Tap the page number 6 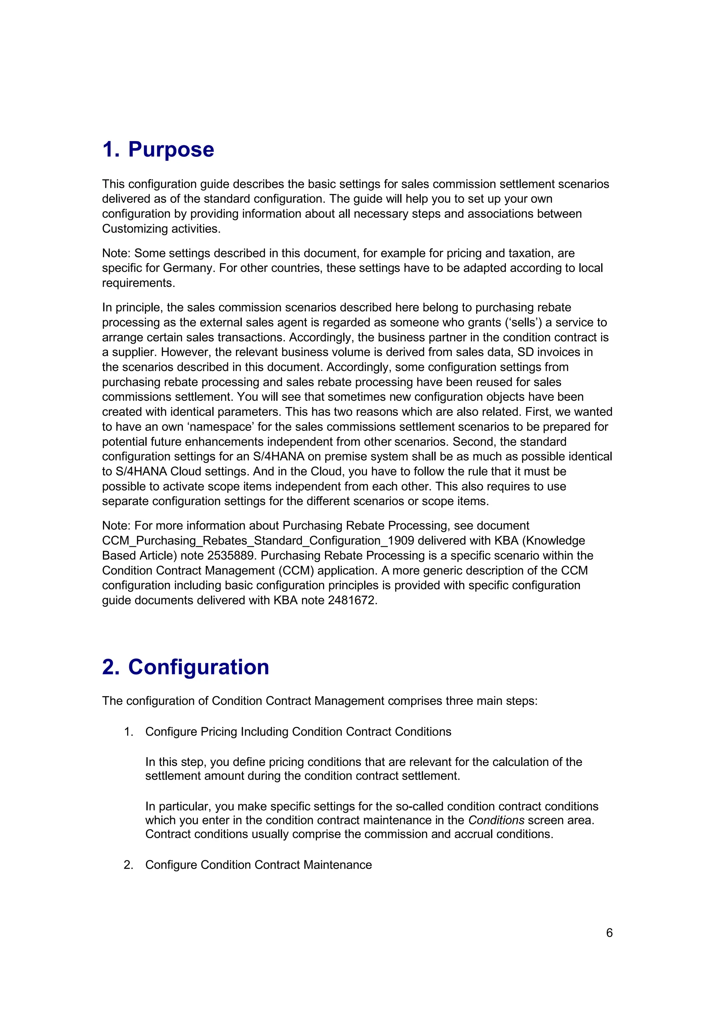point(609,932)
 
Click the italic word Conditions point(496,820)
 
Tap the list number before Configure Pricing point(128,732)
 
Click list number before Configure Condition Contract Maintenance point(128,865)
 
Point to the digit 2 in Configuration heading point(110,667)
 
